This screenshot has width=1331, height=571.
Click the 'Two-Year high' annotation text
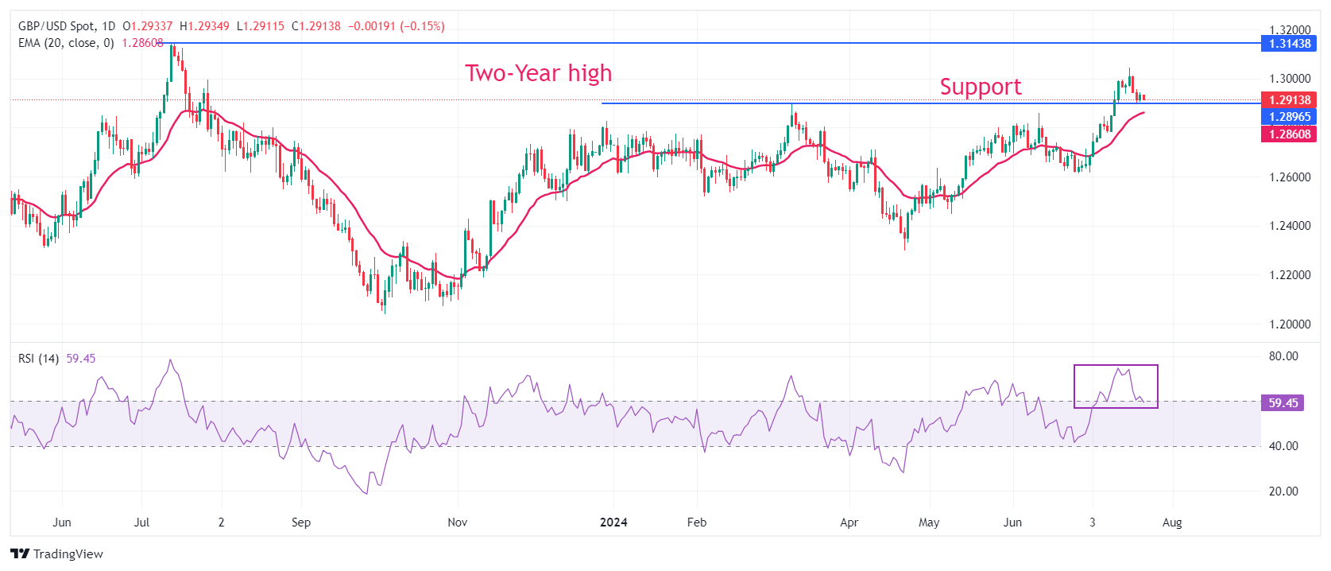click(538, 73)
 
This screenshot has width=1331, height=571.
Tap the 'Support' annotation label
click(980, 87)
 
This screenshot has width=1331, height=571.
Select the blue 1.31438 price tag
click(1289, 44)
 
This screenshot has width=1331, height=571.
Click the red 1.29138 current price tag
click(1289, 100)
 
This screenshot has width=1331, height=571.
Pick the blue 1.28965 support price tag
click(1289, 117)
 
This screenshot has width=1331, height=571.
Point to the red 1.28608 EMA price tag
click(1289, 134)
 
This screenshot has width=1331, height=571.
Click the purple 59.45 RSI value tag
click(1283, 403)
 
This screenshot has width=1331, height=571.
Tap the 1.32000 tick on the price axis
click(1289, 30)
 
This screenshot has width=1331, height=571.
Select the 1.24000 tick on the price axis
click(1289, 226)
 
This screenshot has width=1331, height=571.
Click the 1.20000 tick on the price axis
click(1289, 324)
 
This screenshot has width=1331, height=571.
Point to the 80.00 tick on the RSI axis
click(1283, 356)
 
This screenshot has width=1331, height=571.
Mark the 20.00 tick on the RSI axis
click(1283, 491)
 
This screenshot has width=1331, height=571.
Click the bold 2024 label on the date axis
click(613, 522)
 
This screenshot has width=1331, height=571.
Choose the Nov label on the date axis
click(458, 522)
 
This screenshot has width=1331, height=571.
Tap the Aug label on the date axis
click(1172, 522)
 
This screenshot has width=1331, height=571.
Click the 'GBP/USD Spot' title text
click(55, 26)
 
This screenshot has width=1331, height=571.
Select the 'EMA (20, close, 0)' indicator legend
click(66, 43)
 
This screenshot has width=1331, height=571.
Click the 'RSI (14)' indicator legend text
click(38, 359)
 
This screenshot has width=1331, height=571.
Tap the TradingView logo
click(57, 554)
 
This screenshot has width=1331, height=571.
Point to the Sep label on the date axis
click(301, 522)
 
